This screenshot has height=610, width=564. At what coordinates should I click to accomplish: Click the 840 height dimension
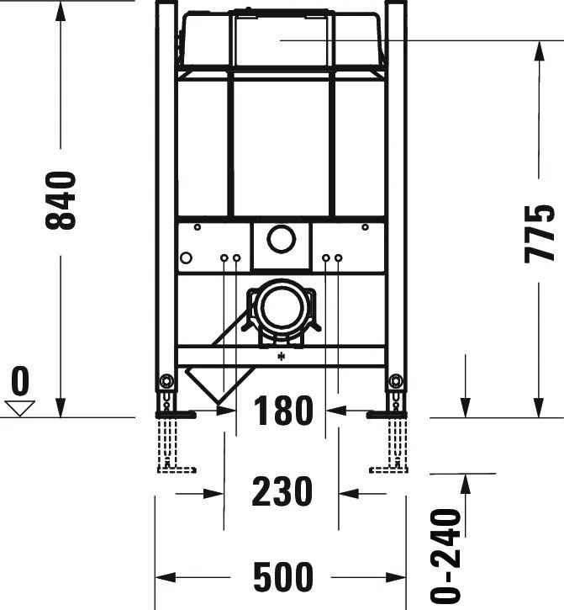pyautogui.click(x=61, y=200)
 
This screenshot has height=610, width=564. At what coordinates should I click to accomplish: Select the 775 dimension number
pyautogui.click(x=539, y=233)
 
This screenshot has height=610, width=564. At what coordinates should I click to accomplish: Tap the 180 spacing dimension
pyautogui.click(x=282, y=411)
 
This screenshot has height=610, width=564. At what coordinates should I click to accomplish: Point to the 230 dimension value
pyautogui.click(x=282, y=492)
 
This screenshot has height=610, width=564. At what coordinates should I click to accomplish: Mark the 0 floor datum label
pyautogui.click(x=19, y=382)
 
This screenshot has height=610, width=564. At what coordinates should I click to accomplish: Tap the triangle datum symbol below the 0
pyautogui.click(x=19, y=408)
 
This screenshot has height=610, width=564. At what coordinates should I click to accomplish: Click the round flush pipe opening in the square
pyautogui.click(x=281, y=239)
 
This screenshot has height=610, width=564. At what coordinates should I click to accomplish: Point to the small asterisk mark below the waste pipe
pyautogui.click(x=281, y=357)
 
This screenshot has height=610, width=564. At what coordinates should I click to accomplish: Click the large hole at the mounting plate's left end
pyautogui.click(x=187, y=257)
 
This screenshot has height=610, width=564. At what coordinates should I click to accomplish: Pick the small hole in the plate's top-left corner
pyautogui.click(x=197, y=227)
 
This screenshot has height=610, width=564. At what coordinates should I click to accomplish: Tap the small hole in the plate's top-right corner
pyautogui.click(x=365, y=227)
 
